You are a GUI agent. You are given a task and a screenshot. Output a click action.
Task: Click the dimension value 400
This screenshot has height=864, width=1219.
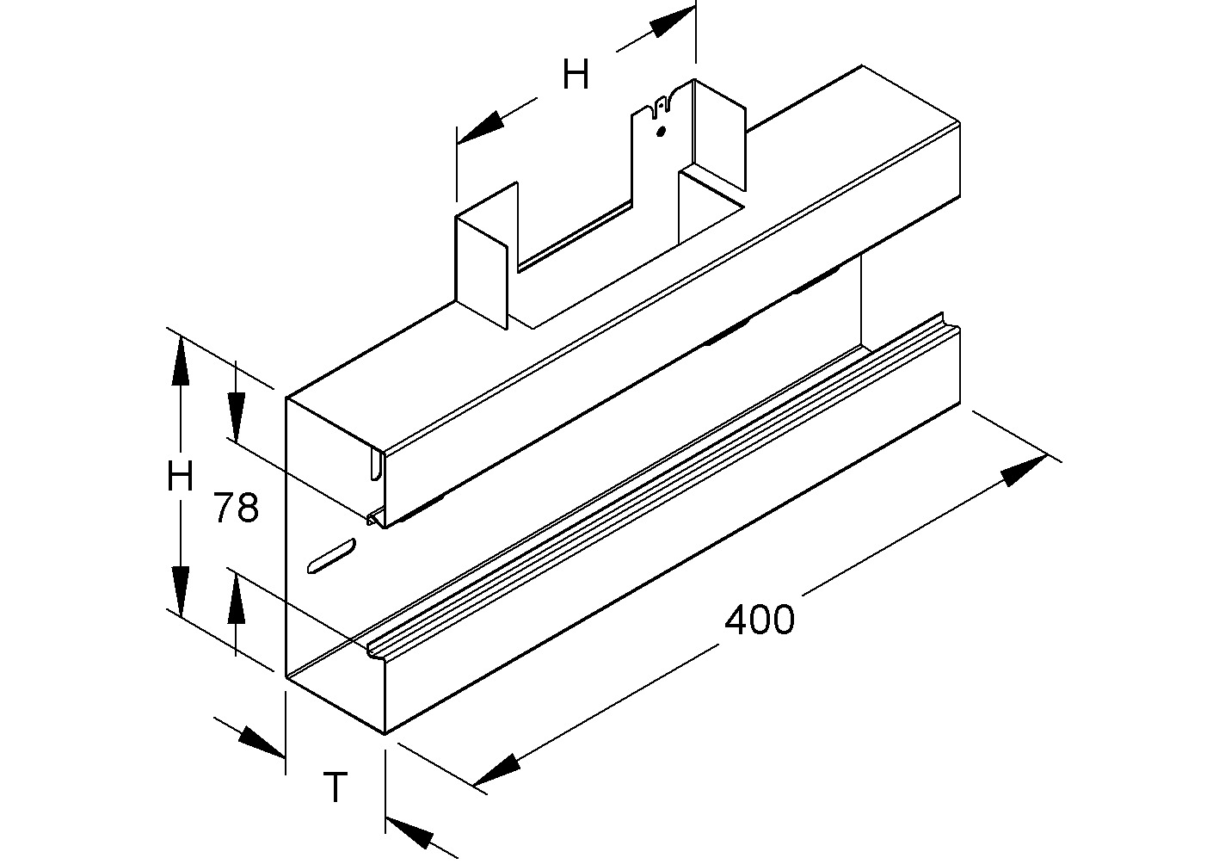760,619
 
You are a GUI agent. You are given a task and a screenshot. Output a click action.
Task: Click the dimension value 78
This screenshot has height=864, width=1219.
236,509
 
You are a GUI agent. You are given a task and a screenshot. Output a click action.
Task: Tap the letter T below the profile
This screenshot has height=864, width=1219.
335,787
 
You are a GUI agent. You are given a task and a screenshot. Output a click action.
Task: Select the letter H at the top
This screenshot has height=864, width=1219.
576,75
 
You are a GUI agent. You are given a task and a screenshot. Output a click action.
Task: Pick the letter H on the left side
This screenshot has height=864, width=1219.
180,476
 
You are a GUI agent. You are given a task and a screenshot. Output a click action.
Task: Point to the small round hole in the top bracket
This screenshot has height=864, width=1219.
660,132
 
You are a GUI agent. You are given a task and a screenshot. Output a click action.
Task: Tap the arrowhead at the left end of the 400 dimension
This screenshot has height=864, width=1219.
498,768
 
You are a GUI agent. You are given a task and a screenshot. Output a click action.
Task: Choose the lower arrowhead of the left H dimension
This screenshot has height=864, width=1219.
180,589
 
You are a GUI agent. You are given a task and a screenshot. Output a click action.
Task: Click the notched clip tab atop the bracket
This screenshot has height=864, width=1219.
661,105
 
